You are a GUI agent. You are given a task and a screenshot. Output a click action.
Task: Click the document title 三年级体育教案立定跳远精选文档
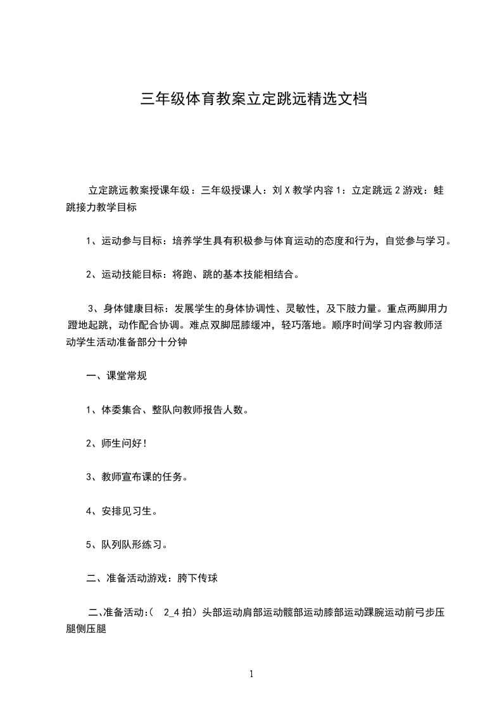[x=253, y=99]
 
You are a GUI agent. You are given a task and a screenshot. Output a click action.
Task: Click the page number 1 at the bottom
[x=251, y=674]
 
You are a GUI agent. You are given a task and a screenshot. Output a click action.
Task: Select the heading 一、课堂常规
[x=116, y=376]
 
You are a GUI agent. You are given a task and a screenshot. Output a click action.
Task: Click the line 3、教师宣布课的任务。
[x=136, y=477]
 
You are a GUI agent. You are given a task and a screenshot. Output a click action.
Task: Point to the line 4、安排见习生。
[x=122, y=511]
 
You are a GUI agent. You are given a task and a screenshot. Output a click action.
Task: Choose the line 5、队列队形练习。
[x=127, y=544]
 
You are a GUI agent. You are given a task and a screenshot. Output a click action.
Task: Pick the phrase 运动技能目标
[x=132, y=275]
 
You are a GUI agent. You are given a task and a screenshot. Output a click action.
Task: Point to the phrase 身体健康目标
[x=134, y=309]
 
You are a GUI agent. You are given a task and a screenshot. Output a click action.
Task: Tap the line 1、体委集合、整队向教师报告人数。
[x=166, y=410]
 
